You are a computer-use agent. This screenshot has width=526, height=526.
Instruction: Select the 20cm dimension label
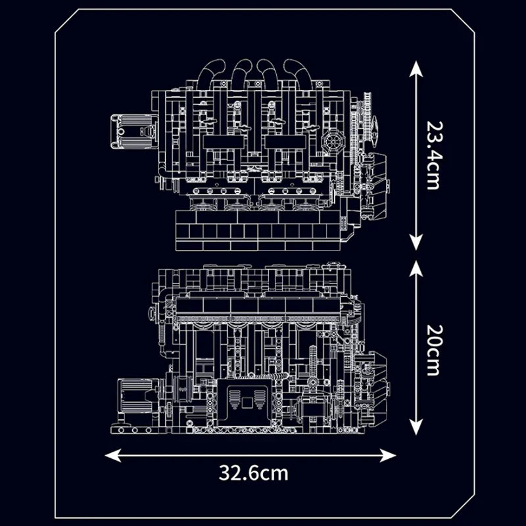[432, 349]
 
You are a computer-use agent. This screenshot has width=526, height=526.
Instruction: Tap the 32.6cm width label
[254, 472]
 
